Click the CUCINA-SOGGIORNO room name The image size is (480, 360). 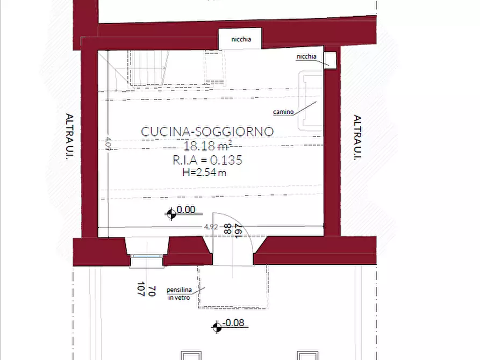(207, 132)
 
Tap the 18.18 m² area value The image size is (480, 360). (208, 146)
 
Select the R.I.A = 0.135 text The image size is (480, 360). (207, 160)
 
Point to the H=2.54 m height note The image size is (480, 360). (204, 172)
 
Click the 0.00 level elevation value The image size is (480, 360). (186, 210)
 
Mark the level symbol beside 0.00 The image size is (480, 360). (171, 213)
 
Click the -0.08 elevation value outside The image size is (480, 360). (234, 322)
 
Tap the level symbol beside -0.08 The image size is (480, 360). (217, 327)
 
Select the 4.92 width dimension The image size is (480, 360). (211, 227)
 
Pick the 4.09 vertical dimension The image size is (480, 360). (108, 143)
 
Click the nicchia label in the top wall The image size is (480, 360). (241, 39)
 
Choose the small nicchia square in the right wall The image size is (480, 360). (330, 60)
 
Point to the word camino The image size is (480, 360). (283, 112)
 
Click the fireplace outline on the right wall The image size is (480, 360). (310, 100)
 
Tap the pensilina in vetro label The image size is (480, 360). (179, 293)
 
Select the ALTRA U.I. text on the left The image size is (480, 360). (69, 136)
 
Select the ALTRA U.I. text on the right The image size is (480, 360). (357, 137)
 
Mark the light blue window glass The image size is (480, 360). (146, 256)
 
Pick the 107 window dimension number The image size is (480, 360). (141, 289)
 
